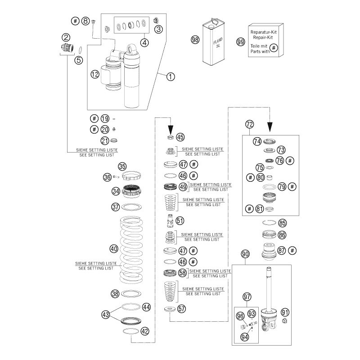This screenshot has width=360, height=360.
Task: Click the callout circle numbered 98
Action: point(195,40)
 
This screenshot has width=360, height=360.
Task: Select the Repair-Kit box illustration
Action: point(266,41)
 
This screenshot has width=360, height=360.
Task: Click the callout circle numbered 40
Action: point(114,248)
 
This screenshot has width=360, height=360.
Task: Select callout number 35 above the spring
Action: point(122,166)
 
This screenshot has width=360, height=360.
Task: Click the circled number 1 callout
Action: point(158,76)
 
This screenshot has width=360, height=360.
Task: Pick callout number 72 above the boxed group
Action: point(250,124)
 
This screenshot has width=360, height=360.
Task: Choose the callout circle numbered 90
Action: point(245,254)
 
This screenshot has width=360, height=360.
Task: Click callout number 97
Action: point(247,297)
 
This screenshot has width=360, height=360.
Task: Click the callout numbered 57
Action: point(181,309)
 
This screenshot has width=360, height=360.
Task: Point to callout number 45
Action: point(180,137)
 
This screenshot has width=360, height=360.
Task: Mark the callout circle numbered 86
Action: point(282,234)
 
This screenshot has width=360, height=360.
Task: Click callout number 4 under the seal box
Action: point(144,43)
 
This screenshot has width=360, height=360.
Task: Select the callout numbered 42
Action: point(144,331)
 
